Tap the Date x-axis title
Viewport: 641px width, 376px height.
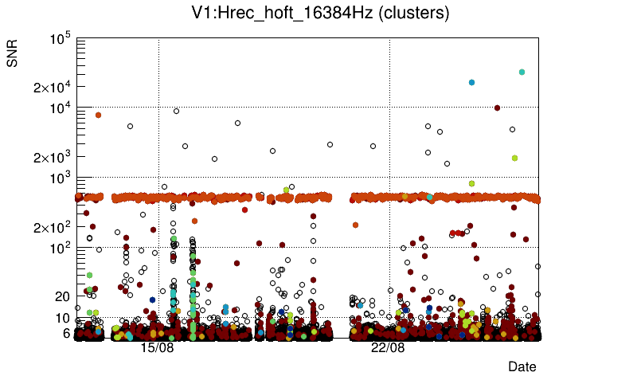pyautogui.click(x=522, y=366)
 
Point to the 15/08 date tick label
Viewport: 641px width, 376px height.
pyautogui.click(x=157, y=348)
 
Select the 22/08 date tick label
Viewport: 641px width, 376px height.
pyautogui.click(x=388, y=348)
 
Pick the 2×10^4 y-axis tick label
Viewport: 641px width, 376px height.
pyautogui.click(x=53, y=88)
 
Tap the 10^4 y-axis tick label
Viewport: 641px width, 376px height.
pyautogui.click(x=61, y=108)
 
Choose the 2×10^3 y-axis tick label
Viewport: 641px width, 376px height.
pyautogui.click(x=53, y=158)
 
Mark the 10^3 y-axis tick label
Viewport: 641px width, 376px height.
pyautogui.click(x=61, y=178)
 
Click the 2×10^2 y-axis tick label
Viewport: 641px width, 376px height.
pyautogui.click(x=53, y=228)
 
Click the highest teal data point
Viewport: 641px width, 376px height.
pyautogui.click(x=522, y=72)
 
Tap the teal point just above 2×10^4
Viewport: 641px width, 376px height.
pyautogui.click(x=472, y=82)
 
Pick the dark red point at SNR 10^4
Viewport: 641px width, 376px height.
pyautogui.click(x=498, y=108)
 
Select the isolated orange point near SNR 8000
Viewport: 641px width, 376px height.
pyautogui.click(x=98, y=115)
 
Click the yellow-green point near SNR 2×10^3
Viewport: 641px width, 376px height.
pyautogui.click(x=515, y=158)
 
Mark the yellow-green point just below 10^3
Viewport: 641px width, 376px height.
pyautogui.click(x=472, y=183)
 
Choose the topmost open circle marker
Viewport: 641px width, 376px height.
pyautogui.click(x=176, y=111)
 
